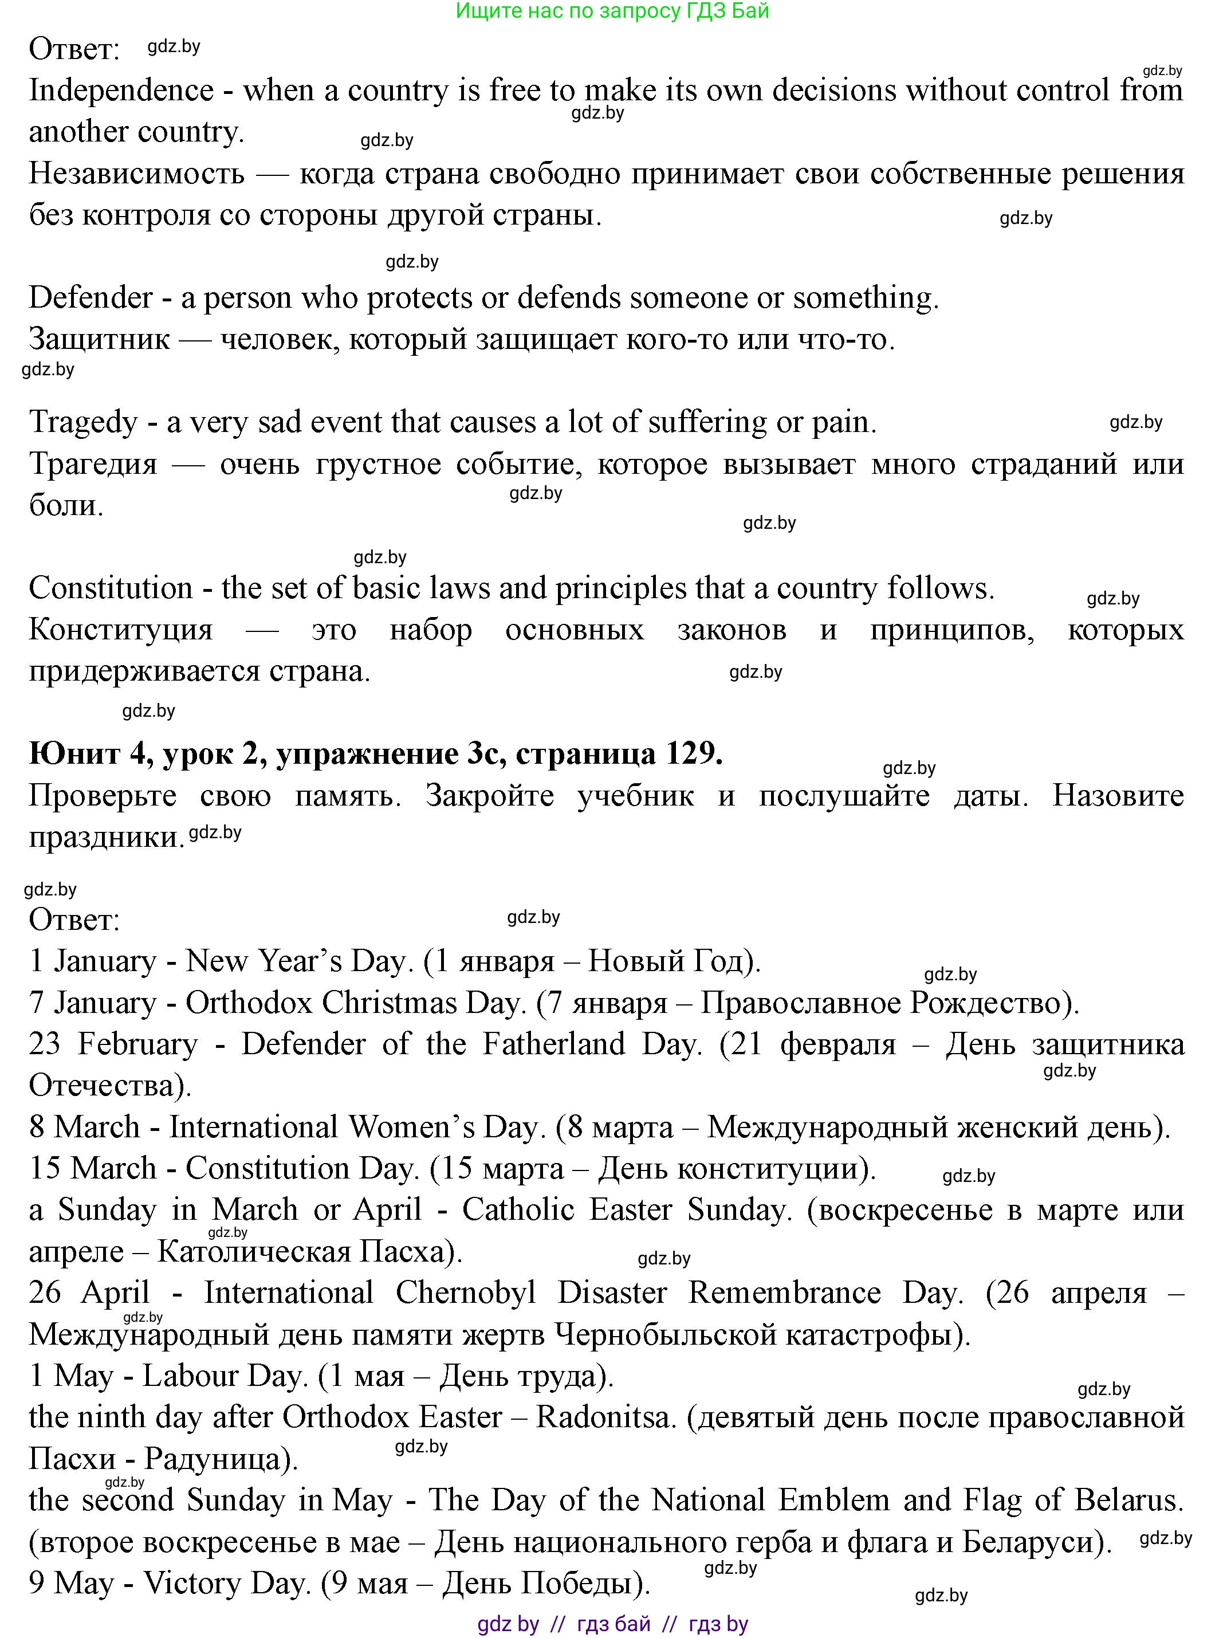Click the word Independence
[121, 91]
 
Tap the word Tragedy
[83, 422]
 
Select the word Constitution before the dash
[111, 588]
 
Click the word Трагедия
[93, 464]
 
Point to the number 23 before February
[45, 1044]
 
